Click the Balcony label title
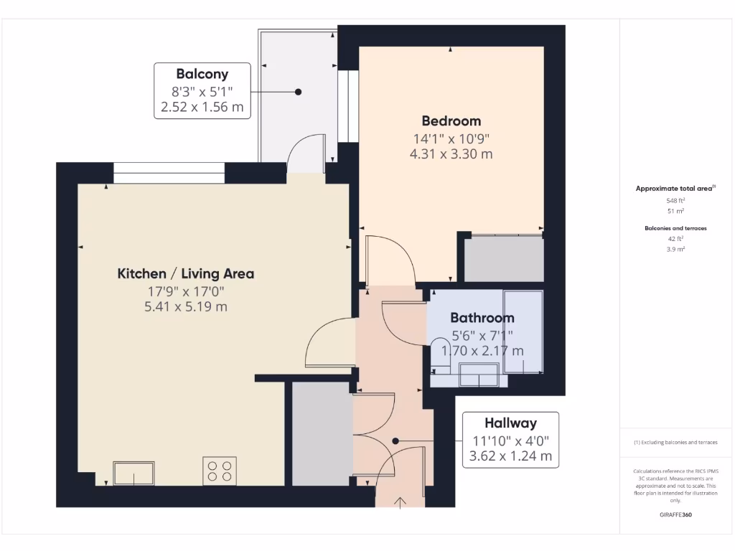pos(202,74)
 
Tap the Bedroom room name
pos(451,121)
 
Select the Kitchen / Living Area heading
pos(185,273)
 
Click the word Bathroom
pos(482,318)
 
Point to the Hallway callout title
pos(510,423)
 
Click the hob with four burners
pos(220,471)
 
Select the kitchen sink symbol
pos(134,474)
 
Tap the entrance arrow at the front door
pos(400,501)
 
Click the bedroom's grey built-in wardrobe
pos(504,259)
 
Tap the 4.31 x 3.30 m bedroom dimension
pos(451,154)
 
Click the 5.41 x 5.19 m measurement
pos(185,307)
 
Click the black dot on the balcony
pos(298,92)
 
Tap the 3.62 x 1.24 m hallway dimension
pos(510,456)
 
